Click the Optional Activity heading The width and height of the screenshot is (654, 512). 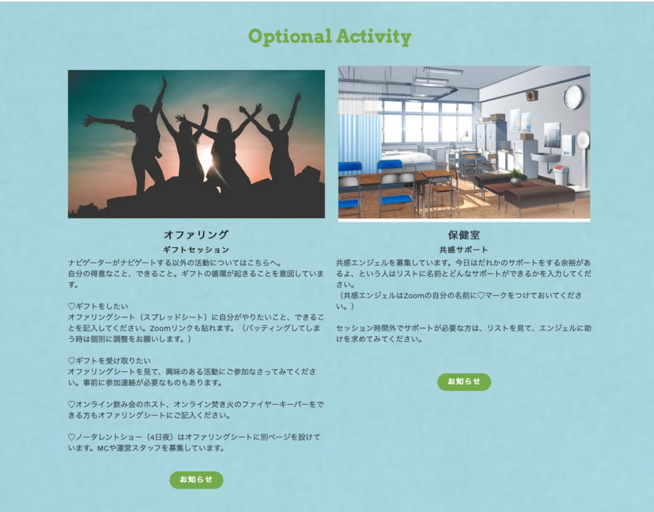click(330, 37)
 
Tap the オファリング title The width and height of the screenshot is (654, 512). click(196, 235)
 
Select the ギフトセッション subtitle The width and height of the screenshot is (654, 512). click(196, 250)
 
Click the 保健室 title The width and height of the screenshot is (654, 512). click(464, 235)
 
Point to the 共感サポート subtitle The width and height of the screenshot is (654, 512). click(464, 250)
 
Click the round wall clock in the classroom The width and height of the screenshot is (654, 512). click(573, 97)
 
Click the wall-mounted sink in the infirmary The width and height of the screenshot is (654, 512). click(545, 157)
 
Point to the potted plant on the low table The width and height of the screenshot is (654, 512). click(516, 177)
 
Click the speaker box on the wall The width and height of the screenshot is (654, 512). click(531, 96)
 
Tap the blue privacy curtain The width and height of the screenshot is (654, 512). click(360, 142)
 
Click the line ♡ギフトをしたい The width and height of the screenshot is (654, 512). click(98, 306)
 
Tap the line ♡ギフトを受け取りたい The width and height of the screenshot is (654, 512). click(109, 360)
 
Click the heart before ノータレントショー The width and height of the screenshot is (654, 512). click(72, 437)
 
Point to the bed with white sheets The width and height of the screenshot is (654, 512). click(407, 158)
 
